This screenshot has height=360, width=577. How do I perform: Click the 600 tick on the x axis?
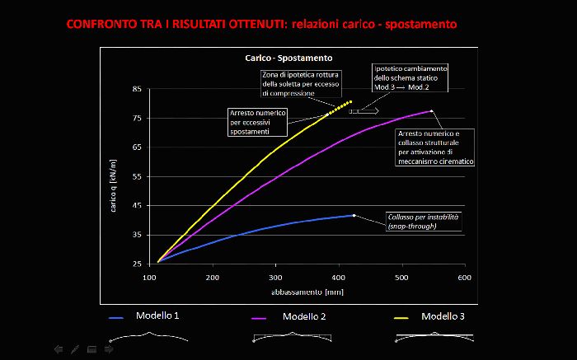(464, 278)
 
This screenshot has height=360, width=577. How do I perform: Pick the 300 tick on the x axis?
(275, 278)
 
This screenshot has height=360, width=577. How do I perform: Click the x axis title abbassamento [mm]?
(307, 292)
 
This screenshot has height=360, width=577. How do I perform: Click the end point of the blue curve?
(354, 215)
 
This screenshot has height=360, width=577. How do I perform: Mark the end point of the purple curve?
(431, 110)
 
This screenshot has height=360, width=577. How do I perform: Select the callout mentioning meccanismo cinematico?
(435, 147)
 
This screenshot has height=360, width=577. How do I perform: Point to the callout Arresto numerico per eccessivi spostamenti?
(258, 122)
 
